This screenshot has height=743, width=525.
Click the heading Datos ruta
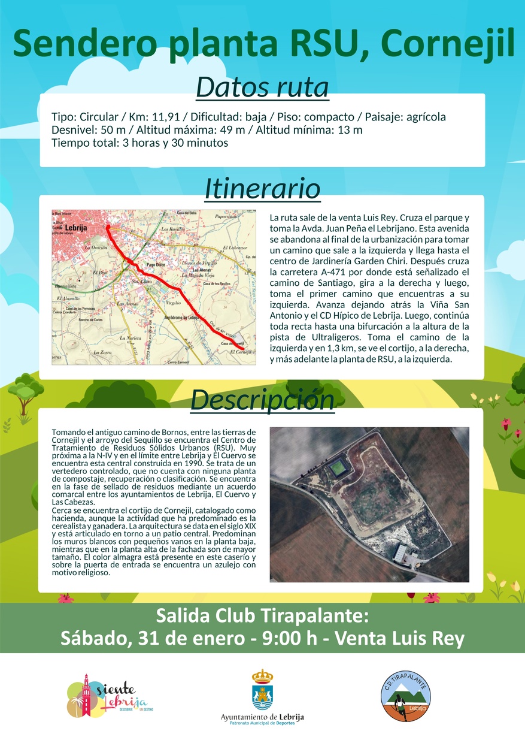pos(262,87)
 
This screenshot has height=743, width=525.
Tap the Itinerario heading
pos(262,189)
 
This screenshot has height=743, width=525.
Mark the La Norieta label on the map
pos(131,339)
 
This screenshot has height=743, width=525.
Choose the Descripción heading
pos(262,400)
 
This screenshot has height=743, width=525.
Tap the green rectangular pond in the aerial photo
pos(338,466)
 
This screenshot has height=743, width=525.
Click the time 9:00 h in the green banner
pos(290,639)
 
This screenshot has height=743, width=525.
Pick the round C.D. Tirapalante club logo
pos(406,695)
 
